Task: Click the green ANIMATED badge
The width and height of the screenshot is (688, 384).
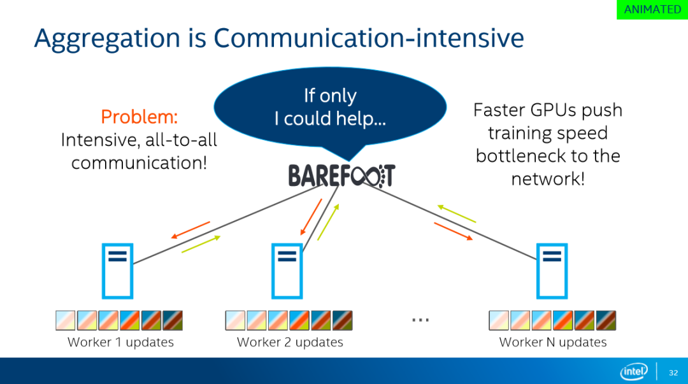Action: point(652,9)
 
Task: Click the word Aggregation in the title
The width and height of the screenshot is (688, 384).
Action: point(107,39)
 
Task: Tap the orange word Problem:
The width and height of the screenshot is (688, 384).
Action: point(139,117)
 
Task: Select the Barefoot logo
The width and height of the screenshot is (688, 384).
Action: point(342,176)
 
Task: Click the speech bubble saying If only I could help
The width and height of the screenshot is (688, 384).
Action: point(330,108)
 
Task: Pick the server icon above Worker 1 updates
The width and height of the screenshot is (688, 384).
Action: point(118,271)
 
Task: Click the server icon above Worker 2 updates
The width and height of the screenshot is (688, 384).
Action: point(287,271)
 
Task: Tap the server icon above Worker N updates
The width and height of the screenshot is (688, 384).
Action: point(552,271)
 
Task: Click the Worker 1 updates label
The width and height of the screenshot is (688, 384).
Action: point(120,342)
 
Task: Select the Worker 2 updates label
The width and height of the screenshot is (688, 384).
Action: point(290,342)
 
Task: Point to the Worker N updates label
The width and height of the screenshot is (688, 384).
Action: point(553,342)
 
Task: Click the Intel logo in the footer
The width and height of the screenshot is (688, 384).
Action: point(634,372)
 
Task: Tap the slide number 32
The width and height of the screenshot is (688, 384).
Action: point(673,373)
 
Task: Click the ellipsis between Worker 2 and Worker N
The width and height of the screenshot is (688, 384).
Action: point(420,320)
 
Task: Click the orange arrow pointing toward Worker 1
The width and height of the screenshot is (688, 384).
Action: point(190,230)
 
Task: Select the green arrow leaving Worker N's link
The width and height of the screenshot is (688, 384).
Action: point(456,214)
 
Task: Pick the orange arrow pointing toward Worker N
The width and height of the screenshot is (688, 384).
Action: point(454,231)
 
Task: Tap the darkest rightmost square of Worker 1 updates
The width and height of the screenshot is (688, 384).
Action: point(173,320)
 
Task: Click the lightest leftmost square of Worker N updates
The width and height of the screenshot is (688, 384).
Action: point(499,320)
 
